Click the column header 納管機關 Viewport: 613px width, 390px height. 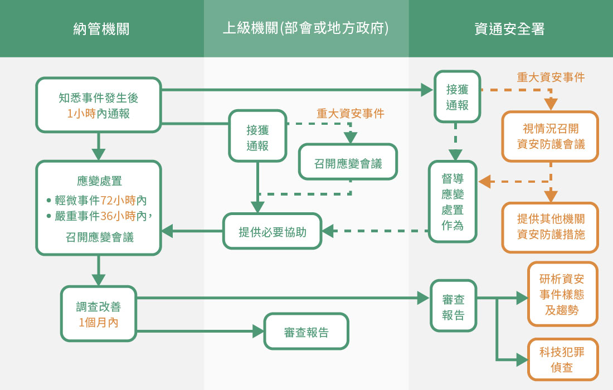[101, 29]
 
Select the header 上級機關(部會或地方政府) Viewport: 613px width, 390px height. [305, 29]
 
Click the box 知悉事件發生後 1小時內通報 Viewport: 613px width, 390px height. [99, 105]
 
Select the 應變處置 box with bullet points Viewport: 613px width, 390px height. [99, 208]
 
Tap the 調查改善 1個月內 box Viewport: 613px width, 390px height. [99, 314]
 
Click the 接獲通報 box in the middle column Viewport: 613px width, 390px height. [257, 136]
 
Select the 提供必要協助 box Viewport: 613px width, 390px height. [273, 231]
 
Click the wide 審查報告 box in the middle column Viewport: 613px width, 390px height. [306, 332]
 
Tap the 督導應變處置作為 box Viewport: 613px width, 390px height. [453, 202]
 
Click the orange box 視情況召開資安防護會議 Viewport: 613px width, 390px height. [551, 136]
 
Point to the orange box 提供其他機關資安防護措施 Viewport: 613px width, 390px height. [551, 227]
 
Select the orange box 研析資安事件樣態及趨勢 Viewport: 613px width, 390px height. [562, 294]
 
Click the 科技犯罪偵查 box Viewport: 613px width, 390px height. [562, 359]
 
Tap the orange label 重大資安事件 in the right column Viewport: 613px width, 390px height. [551, 77]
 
